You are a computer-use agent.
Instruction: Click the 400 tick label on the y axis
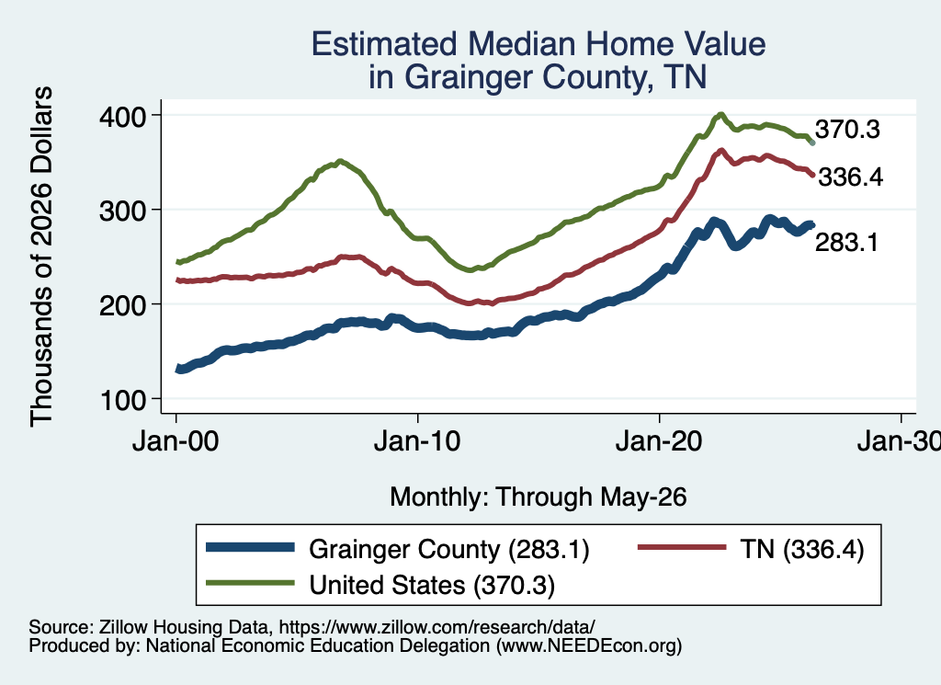122,116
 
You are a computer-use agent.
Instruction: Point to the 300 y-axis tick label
122,211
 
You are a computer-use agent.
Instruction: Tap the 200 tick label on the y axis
122,305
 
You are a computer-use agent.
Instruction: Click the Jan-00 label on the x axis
176,442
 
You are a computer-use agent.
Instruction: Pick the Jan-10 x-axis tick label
417,442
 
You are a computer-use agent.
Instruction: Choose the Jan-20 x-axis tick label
659,442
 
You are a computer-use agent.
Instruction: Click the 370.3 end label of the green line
847,129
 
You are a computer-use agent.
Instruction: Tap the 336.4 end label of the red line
850,177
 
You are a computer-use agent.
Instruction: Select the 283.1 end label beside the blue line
846,243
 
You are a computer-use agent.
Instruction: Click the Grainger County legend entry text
448,549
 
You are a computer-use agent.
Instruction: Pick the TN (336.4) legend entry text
801,549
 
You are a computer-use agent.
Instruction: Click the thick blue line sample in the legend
250,547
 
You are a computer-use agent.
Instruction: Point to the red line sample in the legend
681,547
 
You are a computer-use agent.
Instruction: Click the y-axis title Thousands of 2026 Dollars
41,257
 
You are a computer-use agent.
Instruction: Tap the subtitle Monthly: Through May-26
539,497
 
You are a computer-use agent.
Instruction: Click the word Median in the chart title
522,44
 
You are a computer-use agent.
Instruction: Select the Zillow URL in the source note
436,627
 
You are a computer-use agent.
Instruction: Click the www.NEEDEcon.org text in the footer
589,646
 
